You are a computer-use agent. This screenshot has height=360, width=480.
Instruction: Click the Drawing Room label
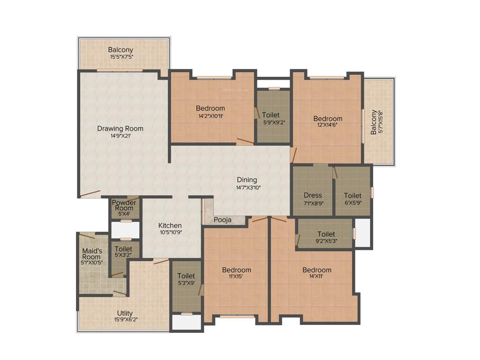point(120,128)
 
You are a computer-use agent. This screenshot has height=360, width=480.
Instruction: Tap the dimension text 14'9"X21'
point(120,136)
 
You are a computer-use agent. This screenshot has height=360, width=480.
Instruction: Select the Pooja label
point(222,220)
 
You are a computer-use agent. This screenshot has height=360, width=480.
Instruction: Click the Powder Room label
point(124,205)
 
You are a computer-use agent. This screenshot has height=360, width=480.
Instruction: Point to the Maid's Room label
point(91,254)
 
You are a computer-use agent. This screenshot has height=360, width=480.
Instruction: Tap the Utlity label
point(125,313)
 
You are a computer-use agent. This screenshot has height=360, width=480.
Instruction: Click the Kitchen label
point(170,225)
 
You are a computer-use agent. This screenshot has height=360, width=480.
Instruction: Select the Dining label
point(247,180)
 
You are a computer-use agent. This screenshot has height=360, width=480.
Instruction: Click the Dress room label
point(313,195)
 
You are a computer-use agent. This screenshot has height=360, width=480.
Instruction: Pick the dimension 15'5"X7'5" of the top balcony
point(120,57)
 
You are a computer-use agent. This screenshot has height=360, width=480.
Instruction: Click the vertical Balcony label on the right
point(374,122)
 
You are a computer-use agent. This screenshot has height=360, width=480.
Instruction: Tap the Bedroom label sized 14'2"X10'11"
point(210,108)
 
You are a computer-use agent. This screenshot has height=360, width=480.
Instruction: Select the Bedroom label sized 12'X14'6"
point(328,119)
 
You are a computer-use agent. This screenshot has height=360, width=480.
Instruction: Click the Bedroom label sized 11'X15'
point(236,270)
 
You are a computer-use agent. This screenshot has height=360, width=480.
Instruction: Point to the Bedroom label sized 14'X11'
point(317,270)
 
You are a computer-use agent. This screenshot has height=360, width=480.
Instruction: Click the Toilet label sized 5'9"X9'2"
point(271,115)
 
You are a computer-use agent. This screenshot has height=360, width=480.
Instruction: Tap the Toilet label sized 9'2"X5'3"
point(326,234)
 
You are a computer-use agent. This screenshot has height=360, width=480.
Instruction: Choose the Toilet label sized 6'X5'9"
point(352,195)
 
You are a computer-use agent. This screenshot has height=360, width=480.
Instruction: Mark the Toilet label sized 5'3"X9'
point(186,276)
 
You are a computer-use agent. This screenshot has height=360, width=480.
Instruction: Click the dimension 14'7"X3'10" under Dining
point(248,187)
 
